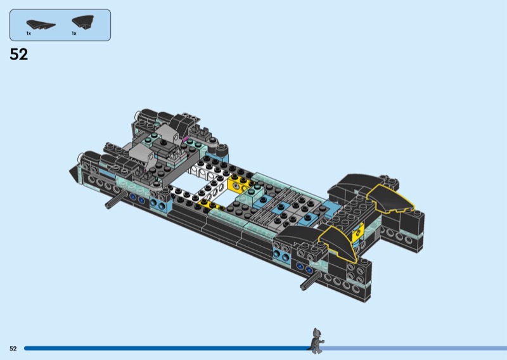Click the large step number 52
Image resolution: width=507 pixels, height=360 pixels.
tap(19, 55)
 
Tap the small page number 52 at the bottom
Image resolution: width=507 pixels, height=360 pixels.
tap(13, 349)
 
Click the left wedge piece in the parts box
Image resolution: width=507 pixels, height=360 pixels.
tap(41, 25)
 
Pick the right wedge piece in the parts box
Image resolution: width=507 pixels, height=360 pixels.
tap(84, 22)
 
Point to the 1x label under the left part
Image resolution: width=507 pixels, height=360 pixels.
tap(29, 34)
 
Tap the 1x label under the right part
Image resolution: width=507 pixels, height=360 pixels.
tap(74, 34)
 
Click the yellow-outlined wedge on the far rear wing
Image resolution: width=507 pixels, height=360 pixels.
tap(390, 199)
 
